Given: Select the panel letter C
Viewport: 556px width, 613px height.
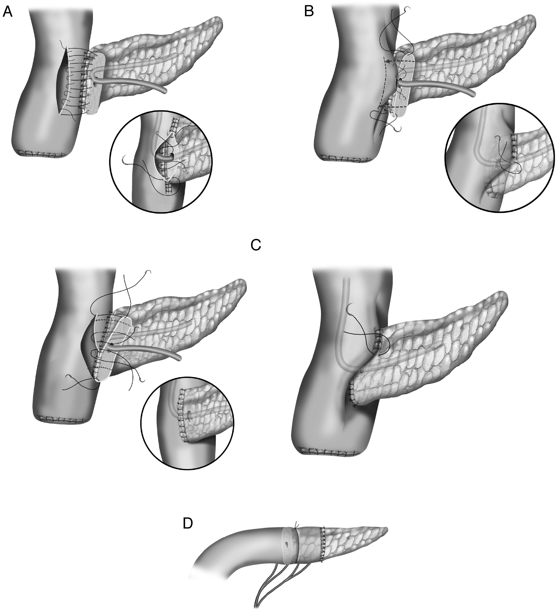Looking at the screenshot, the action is click(256, 245).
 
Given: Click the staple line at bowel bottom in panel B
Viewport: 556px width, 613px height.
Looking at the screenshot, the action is click(347, 158).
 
